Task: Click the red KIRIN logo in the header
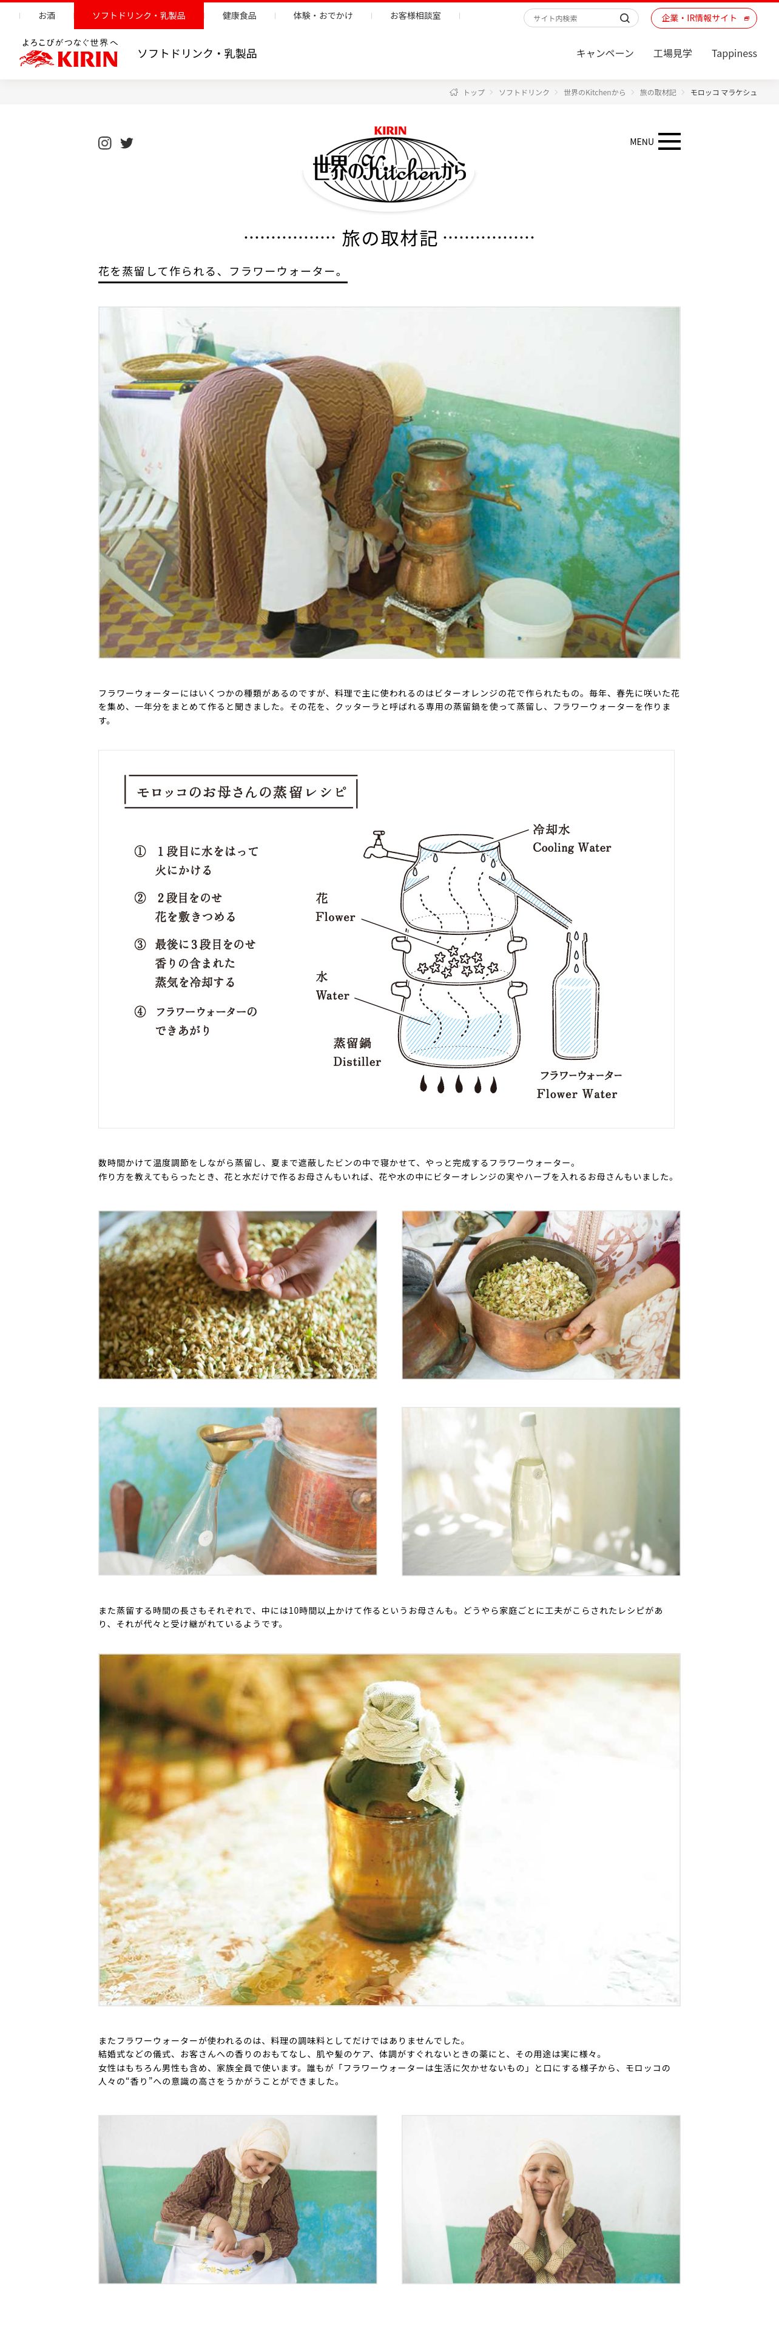[x=69, y=59]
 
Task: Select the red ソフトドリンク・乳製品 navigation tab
[x=139, y=15]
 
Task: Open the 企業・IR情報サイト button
[x=704, y=18]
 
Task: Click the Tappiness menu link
[x=733, y=53]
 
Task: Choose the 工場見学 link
[x=672, y=53]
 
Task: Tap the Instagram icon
[x=105, y=143]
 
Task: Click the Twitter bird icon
[x=127, y=143]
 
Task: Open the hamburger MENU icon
[x=669, y=141]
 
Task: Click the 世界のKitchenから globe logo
[x=389, y=166]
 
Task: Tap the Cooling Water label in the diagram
[x=572, y=848]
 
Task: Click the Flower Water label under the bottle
[x=577, y=1094]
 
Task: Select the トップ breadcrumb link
[x=473, y=93]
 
